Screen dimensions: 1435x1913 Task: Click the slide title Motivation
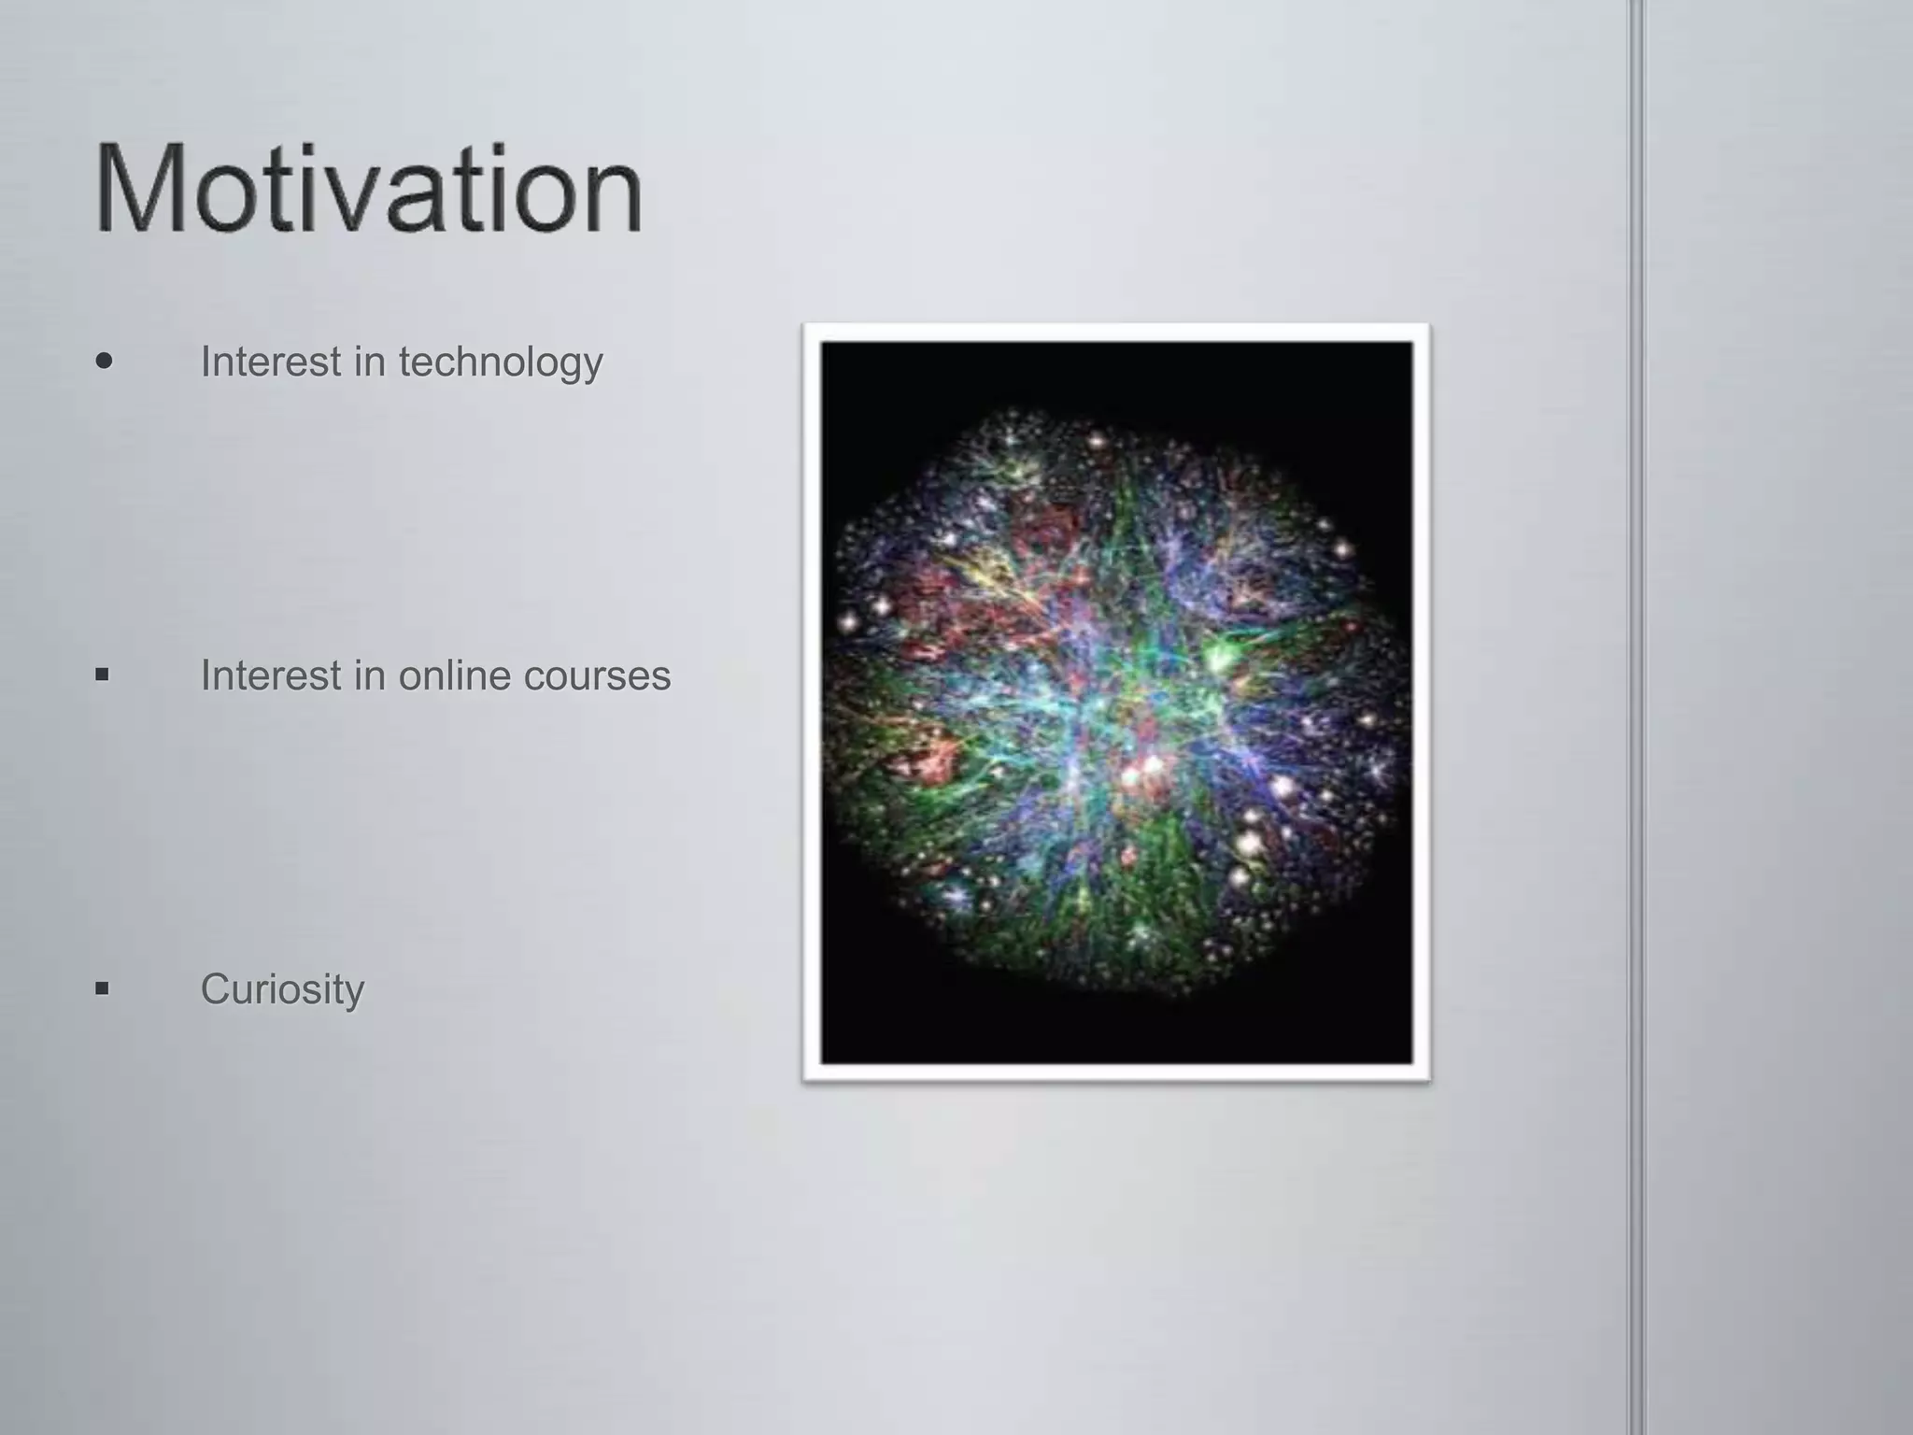point(368,191)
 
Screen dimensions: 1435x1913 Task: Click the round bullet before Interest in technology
point(105,361)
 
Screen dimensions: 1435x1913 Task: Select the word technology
point(501,362)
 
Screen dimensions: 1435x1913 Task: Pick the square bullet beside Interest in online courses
point(102,674)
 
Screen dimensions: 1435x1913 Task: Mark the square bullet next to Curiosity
point(102,987)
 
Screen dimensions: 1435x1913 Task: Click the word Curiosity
point(282,989)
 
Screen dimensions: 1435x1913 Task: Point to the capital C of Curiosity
point(216,988)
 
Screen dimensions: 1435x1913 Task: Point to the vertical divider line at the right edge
point(1637,717)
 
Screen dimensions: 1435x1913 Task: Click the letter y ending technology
point(592,366)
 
